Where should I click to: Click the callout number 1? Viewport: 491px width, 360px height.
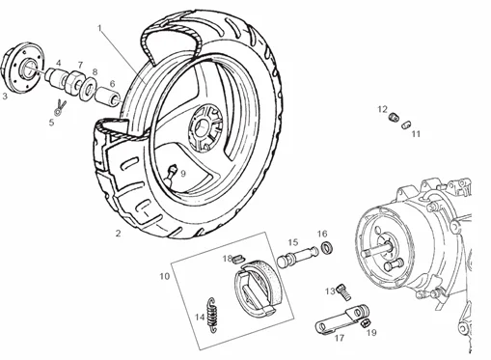coord(99,30)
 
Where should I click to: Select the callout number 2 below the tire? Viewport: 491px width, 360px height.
coord(119,233)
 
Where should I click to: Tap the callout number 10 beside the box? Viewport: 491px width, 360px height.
coord(166,275)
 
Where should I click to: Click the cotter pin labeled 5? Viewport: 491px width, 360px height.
coord(61,105)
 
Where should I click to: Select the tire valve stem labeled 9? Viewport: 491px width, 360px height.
coord(171,174)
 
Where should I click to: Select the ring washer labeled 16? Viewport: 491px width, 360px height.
coord(327,251)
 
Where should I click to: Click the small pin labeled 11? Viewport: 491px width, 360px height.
coord(406,124)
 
